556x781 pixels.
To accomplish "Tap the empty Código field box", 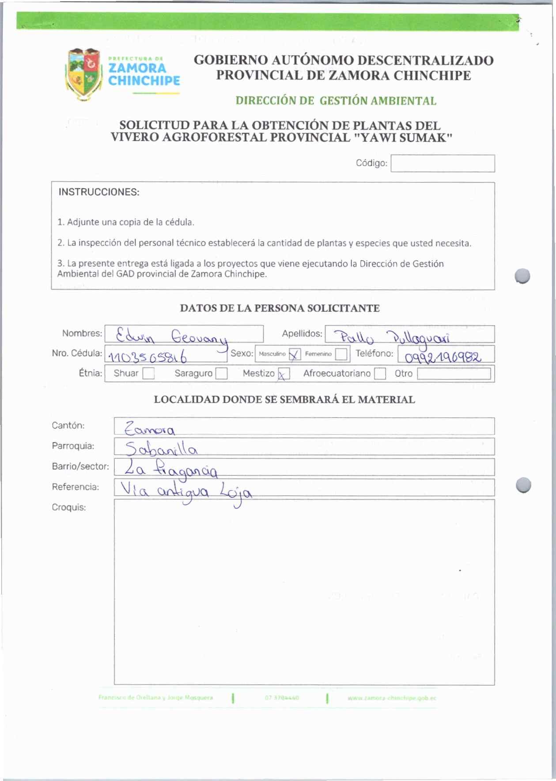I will coord(443,163).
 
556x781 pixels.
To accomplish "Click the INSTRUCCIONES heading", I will coord(99,192).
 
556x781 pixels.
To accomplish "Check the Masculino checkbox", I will coord(295,354).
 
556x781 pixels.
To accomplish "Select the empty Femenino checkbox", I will coord(341,354).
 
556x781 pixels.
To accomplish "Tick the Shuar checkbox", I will coord(148,374).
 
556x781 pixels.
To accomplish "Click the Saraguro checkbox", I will coord(221,374).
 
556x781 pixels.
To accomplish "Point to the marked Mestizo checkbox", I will coord(284,374).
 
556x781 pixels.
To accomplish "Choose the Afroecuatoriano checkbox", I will coord(380,374).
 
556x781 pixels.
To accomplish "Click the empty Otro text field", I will coord(454,374).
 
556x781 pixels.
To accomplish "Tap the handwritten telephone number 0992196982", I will coord(443,356).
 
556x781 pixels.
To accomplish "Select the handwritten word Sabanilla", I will coord(161,449).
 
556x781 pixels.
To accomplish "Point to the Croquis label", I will coord(69,507).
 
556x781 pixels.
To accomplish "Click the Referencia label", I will coord(76,487).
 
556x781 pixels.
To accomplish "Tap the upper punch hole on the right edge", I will coord(522,276).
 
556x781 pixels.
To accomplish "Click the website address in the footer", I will coord(392,698).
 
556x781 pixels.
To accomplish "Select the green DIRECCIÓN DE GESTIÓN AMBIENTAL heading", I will coord(336,101).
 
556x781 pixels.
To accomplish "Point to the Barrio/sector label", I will coord(80,466).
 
